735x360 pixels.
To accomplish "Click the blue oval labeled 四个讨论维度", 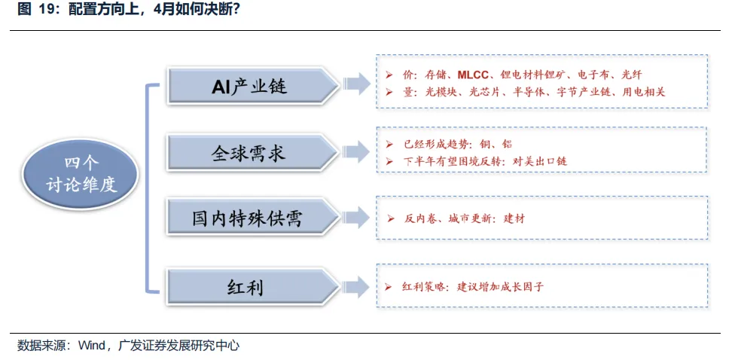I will click(x=81, y=174).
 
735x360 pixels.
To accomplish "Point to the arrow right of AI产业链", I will click(x=356, y=84).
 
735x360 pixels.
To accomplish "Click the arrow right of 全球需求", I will click(x=356, y=152).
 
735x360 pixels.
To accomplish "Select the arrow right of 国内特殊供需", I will click(x=356, y=218).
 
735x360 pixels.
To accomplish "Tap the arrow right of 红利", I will click(x=356, y=286).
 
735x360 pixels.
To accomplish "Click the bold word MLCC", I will click(x=474, y=75).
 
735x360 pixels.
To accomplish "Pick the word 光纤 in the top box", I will click(x=631, y=75).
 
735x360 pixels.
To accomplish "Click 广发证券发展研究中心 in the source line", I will click(x=179, y=346).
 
